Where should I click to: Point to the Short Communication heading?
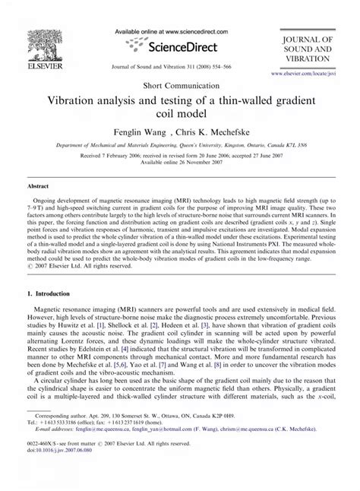179,86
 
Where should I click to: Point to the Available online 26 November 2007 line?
179,173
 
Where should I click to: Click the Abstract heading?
39,205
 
